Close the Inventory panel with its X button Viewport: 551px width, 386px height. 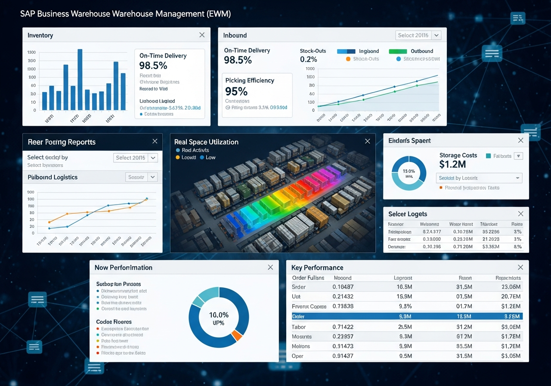(202, 35)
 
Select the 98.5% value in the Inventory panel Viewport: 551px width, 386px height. (153, 66)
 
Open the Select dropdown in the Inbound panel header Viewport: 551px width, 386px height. (418, 35)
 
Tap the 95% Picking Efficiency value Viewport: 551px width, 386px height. (236, 91)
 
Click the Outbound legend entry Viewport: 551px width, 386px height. (422, 51)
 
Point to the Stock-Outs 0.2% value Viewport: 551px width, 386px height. (308, 59)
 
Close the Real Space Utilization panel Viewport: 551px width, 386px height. (367, 141)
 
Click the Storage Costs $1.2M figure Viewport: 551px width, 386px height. (452, 164)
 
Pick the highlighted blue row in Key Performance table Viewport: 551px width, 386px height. (404, 316)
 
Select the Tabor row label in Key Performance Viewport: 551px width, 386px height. (299, 327)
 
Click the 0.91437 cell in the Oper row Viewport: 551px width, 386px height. (343, 356)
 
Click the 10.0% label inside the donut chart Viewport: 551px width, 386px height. (219, 315)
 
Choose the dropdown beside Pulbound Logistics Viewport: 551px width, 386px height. (142, 177)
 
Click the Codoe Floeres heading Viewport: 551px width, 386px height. (114, 322)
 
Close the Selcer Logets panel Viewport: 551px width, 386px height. (520, 214)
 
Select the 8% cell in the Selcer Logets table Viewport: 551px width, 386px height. (518, 247)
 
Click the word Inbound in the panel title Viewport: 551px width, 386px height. (235, 35)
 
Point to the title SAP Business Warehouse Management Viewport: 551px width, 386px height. (126, 14)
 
